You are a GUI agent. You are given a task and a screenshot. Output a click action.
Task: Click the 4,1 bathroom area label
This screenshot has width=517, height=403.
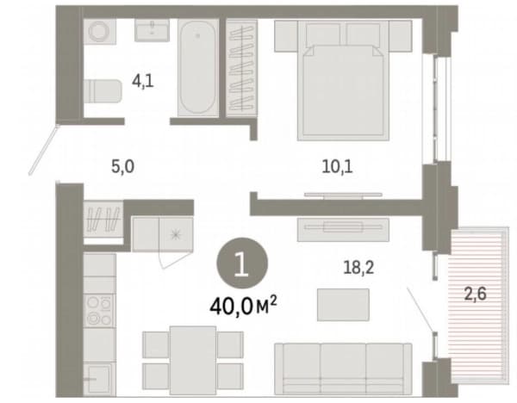tap(143, 81)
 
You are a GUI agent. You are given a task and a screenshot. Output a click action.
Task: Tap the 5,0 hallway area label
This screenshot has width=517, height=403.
tap(122, 166)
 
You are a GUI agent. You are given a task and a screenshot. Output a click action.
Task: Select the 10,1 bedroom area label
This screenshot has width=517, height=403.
tap(337, 166)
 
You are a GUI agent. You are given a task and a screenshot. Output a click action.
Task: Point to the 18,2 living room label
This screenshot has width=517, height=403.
tap(358, 267)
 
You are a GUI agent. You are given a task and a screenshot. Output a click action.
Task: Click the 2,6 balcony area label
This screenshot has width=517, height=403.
tap(475, 294)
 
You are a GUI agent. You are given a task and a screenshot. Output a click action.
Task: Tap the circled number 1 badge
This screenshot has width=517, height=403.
tap(242, 263)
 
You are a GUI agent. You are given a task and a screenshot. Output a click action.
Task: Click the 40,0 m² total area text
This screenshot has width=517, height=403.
tap(243, 306)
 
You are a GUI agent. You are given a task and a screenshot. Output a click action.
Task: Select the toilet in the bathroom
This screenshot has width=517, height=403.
tap(103, 91)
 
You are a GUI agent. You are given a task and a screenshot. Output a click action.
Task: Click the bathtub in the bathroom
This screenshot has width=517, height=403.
tap(198, 67)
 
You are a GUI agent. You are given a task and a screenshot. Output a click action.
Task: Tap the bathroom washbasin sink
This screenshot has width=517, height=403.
tap(152, 30)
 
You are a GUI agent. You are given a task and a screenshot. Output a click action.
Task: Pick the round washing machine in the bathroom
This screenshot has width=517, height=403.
tap(100, 32)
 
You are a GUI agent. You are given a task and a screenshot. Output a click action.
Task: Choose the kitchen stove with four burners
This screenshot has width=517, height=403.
tap(99, 310)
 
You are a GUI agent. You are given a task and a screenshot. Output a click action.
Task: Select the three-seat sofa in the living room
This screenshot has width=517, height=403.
tap(343, 369)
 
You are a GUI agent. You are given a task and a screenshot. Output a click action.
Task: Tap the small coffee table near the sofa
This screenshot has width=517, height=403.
tap(343, 305)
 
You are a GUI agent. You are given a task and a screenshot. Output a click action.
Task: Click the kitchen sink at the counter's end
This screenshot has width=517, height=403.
tap(99, 379)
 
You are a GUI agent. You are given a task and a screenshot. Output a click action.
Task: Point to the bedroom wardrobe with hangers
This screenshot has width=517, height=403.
tap(241, 68)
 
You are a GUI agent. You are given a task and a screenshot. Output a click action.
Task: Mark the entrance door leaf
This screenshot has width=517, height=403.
tap(44, 150)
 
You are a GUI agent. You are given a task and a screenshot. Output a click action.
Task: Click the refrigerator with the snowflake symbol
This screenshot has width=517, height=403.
tap(176, 234)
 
